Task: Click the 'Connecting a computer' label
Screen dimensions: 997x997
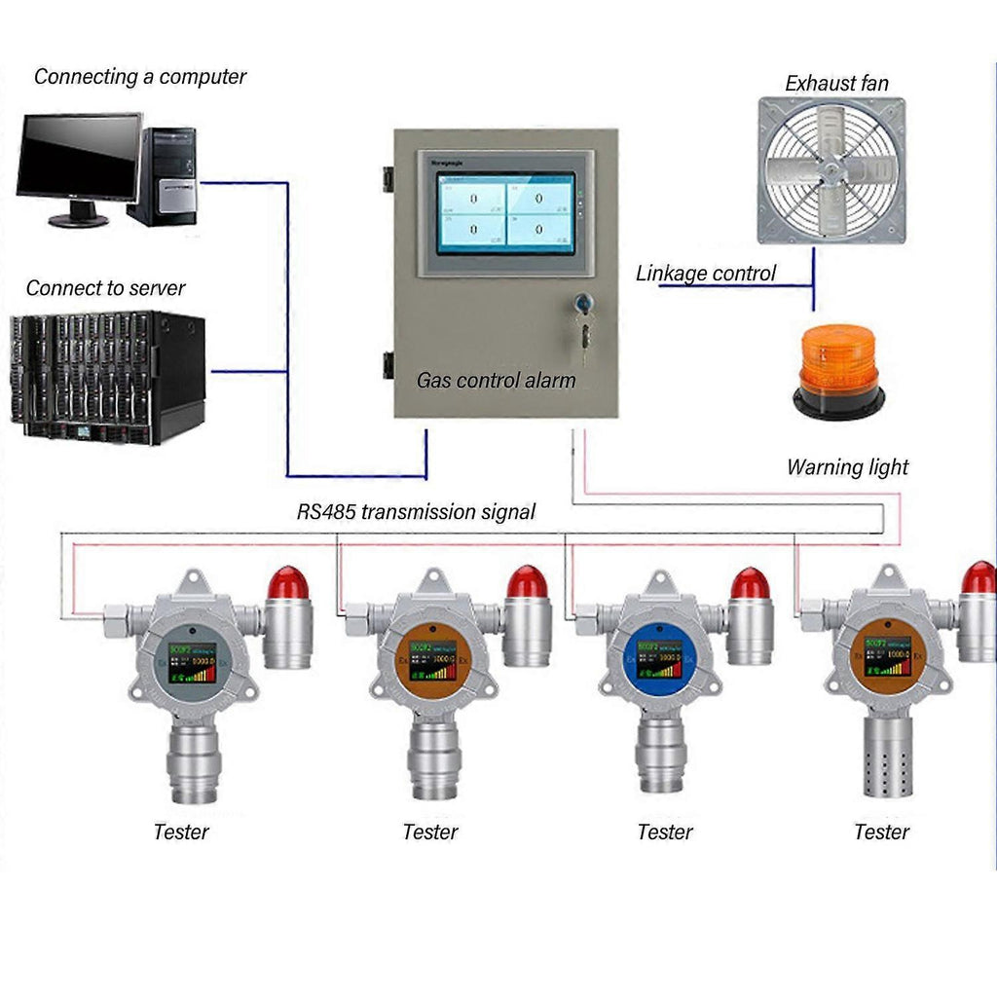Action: coord(140,77)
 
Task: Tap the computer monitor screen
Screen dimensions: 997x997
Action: coord(78,156)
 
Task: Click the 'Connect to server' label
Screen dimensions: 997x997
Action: coord(105,288)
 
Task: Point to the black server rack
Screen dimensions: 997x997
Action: coord(107,378)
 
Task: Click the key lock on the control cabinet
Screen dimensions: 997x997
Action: coord(582,304)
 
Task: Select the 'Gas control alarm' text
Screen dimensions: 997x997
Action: coord(496,380)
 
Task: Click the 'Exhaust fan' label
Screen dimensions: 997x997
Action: coord(836,84)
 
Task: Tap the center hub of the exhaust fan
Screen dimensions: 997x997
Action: coord(831,171)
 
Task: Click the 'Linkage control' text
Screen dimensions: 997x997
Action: coord(706,274)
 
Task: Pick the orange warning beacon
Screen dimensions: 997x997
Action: coord(838,372)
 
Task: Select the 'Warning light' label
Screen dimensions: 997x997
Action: coord(847,467)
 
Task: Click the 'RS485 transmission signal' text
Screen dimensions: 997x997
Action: coord(416,512)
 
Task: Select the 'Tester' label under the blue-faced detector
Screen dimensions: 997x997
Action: coord(665,832)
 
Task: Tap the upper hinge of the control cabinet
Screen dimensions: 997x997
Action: coord(388,179)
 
